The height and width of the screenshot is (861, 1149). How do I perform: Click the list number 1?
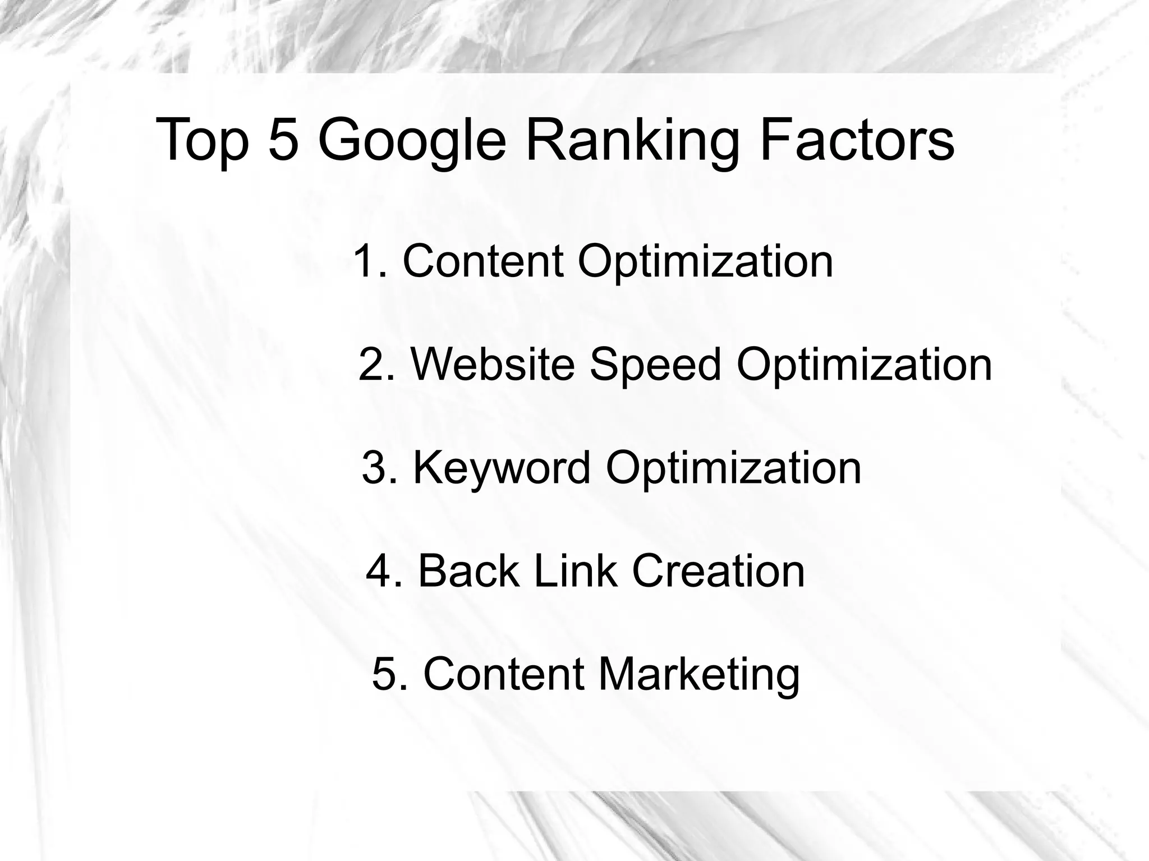pos(370,261)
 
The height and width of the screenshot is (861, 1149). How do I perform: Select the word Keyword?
pos(502,469)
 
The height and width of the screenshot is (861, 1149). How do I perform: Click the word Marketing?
pos(699,675)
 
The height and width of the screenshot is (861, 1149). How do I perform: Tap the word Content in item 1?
pos(483,261)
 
